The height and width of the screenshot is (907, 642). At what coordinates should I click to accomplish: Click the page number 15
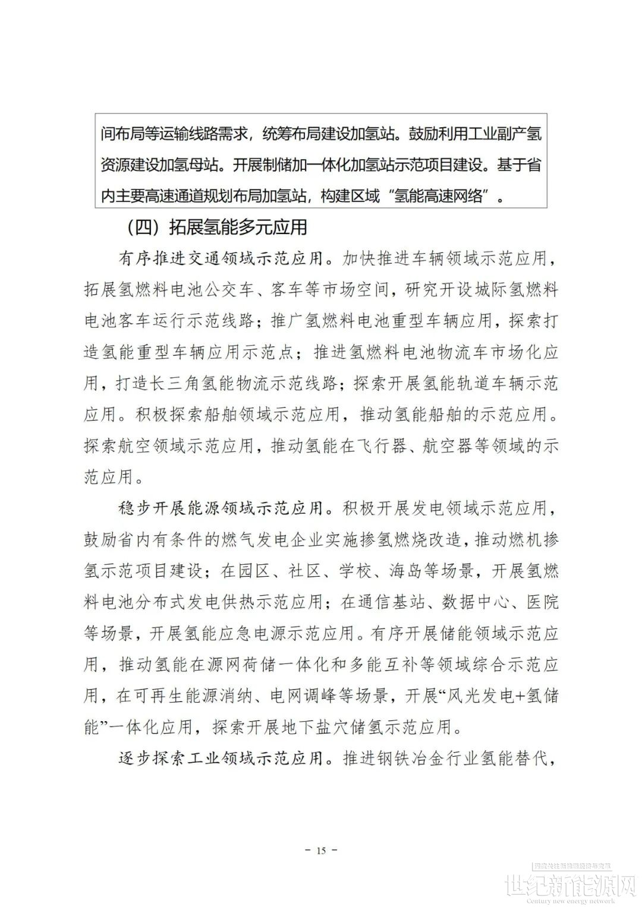[321, 851]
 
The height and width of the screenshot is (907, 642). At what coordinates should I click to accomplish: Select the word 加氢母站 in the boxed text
[188, 165]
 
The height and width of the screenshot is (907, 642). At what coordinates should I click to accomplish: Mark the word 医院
[543, 602]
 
